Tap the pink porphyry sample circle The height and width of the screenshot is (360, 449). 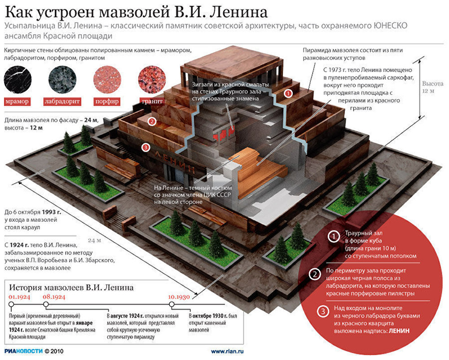coord(106,79)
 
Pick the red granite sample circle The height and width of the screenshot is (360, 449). coord(151,79)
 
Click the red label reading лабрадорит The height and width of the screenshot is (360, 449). coord(62,101)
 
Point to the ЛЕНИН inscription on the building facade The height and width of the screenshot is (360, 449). coord(176,162)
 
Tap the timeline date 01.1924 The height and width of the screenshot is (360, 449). coord(18,297)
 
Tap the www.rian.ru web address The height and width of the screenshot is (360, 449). coord(227,351)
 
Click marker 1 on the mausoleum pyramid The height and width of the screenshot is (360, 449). coord(289,93)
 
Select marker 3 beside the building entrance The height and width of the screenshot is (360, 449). coord(145,147)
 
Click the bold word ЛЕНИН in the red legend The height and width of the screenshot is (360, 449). coord(399,330)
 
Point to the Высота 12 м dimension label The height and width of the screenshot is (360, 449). coord(432,87)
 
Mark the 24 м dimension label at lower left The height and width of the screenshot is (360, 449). coord(93,240)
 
